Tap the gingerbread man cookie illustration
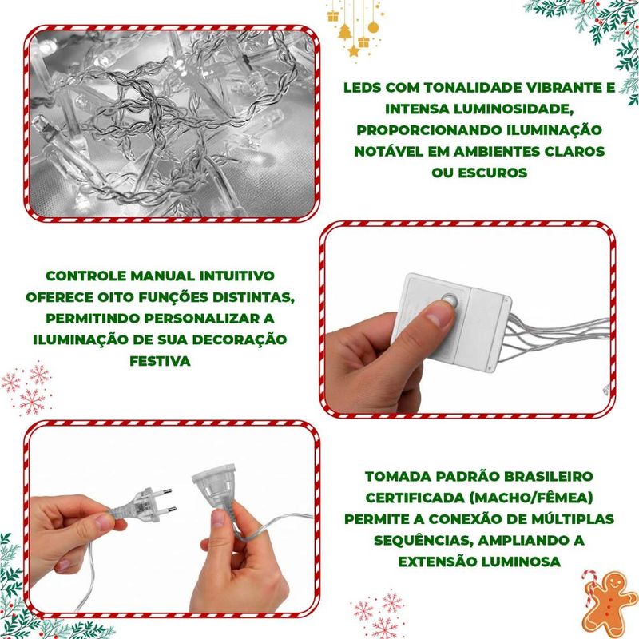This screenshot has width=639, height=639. point(610,602)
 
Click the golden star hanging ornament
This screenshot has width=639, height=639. point(354,51)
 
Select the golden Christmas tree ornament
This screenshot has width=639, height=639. point(345,32)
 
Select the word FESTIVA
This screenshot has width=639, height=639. point(161,361)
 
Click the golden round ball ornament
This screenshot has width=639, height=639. point(373,27)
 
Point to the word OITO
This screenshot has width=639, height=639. point(116,297)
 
